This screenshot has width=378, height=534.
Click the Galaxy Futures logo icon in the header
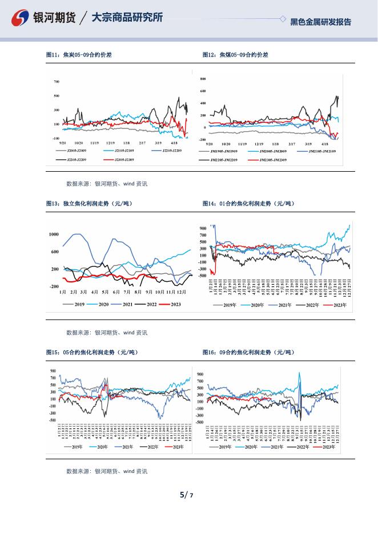21,18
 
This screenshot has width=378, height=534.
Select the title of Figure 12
235,55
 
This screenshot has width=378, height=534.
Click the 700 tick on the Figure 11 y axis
57,82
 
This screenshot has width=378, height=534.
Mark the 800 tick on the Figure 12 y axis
203,79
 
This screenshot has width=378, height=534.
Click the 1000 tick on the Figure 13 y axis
54,234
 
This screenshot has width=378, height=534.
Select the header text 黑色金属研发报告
320,22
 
